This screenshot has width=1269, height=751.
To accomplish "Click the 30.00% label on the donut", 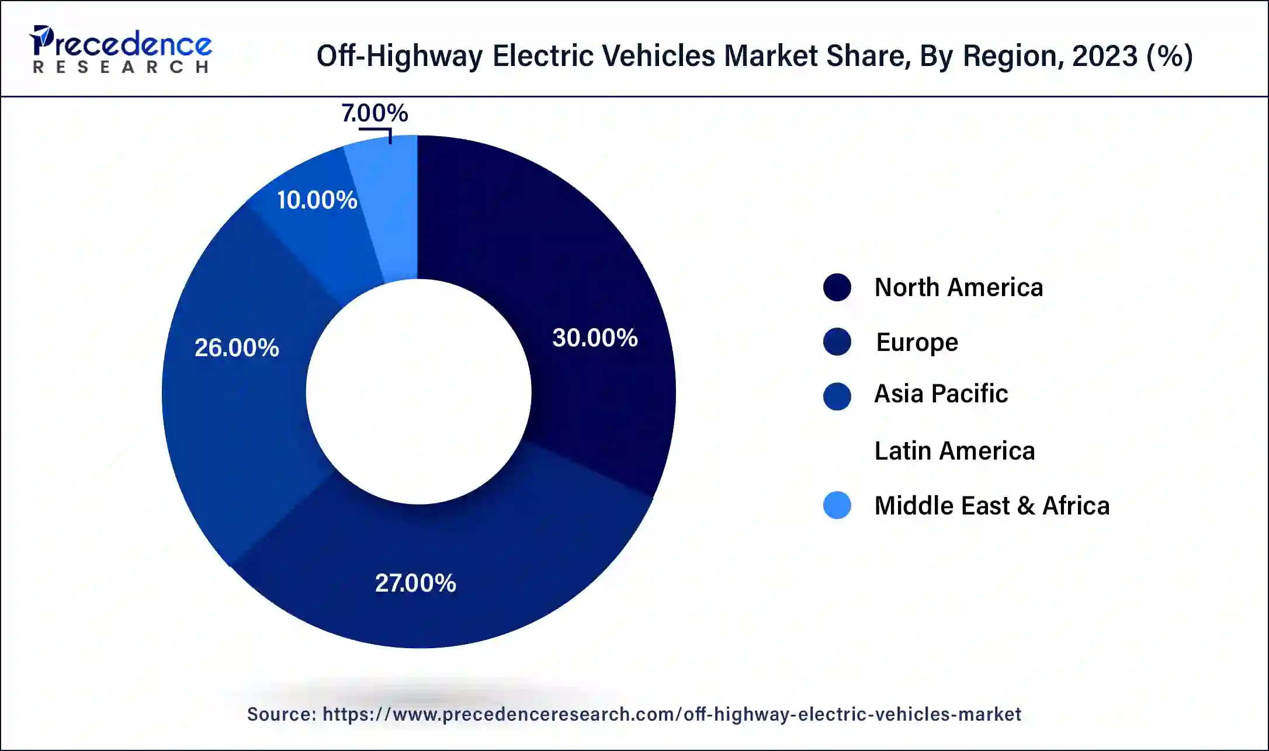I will pyautogui.click(x=595, y=338).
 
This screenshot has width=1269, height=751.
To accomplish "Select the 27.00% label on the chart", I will pyautogui.click(x=415, y=583).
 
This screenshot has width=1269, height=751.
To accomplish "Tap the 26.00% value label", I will pyautogui.click(x=237, y=348).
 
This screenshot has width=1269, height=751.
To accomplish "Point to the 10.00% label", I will pyautogui.click(x=317, y=200).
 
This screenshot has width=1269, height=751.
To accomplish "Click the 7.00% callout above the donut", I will pyautogui.click(x=375, y=113).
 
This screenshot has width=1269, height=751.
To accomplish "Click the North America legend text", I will pyautogui.click(x=958, y=287).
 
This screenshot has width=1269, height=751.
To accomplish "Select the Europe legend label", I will pyautogui.click(x=917, y=342).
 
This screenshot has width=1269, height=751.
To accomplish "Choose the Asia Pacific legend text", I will pyautogui.click(x=941, y=394).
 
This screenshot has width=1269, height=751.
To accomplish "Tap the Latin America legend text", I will pyautogui.click(x=954, y=451).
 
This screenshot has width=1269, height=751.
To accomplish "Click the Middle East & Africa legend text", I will pyautogui.click(x=991, y=506).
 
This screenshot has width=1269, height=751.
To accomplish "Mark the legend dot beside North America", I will pyautogui.click(x=837, y=287).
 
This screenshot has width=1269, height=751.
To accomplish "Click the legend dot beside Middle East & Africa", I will pyautogui.click(x=837, y=505).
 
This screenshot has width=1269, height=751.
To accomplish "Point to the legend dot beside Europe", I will pyautogui.click(x=837, y=342).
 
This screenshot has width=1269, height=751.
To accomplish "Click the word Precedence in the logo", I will pyautogui.click(x=126, y=44).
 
